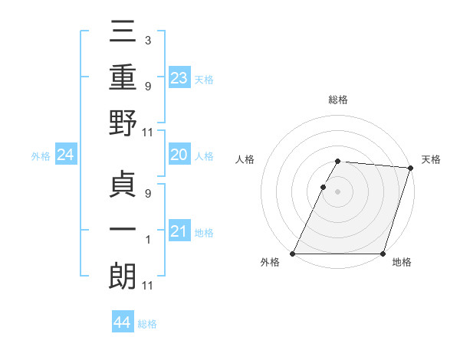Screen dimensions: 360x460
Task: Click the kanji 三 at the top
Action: (122, 34)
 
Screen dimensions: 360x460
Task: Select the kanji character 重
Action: (122, 78)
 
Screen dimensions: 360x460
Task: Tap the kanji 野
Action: (122, 123)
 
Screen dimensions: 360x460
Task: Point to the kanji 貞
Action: (122, 185)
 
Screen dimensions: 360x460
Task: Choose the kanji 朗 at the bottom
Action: (122, 277)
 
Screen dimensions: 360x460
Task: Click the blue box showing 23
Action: (179, 77)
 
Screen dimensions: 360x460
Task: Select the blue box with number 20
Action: (179, 155)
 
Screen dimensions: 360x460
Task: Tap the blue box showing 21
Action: (179, 231)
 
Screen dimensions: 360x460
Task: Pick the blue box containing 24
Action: (65, 155)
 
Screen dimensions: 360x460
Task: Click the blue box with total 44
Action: (122, 322)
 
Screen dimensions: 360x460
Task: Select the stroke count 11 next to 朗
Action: (147, 286)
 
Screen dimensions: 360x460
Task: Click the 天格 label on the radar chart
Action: (431, 159)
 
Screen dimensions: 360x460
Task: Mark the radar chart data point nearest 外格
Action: (293, 254)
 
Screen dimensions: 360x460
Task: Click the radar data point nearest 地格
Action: (383, 254)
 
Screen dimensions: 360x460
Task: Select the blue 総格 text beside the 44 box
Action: (147, 324)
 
